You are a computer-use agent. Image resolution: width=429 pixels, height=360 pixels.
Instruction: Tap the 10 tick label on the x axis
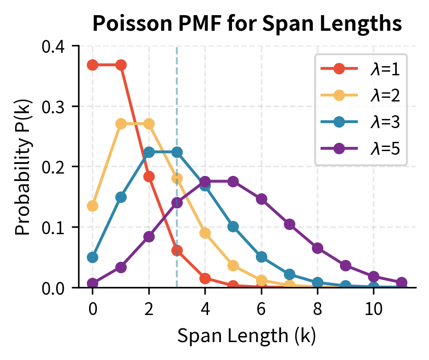pos(374,309)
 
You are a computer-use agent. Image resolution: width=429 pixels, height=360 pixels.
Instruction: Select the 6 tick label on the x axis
pos(261,309)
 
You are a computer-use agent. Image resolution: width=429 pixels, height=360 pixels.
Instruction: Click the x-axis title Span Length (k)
pos(247,337)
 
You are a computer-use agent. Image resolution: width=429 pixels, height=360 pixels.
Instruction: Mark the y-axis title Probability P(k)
pos(23,167)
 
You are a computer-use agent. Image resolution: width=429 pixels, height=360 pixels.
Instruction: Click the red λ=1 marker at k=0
pos(93,65)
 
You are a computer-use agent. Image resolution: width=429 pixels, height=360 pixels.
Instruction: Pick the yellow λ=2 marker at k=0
pos(93,206)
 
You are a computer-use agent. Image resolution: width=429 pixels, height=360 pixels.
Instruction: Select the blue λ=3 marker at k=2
pos(149,152)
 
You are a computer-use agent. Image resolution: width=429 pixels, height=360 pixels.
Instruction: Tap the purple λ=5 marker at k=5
pos(233,181)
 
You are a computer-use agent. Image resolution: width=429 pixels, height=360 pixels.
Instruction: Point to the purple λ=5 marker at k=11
pos(402,282)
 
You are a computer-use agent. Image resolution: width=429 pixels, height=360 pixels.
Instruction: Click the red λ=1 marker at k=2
pos(149,176)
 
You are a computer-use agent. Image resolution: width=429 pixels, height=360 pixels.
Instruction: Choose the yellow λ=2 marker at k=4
pos(205,233)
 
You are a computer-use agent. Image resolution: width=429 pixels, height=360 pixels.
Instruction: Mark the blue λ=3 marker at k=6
pos(261,257)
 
